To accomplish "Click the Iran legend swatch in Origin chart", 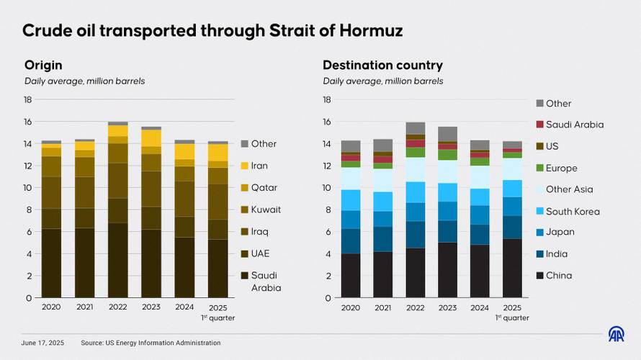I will tap(245, 166).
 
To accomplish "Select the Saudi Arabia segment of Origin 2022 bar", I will tap(118, 260).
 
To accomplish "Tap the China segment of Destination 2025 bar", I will tap(513, 268).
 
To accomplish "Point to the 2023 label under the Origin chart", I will tap(151, 307).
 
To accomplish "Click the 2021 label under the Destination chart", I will tap(383, 307).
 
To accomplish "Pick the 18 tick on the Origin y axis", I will tap(28, 99).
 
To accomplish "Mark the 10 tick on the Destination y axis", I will tap(326, 188).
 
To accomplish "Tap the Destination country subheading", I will tap(382, 65).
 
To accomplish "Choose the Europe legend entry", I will tap(561, 168).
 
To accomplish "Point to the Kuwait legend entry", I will tap(266, 210).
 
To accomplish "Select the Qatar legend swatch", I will tap(245, 188).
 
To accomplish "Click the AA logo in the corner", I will tap(617, 334).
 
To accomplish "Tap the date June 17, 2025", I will tap(42, 343).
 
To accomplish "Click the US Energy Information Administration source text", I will tap(165, 343).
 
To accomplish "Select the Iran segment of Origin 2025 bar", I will tap(218, 153).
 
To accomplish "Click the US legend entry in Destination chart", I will tap(552, 146).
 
